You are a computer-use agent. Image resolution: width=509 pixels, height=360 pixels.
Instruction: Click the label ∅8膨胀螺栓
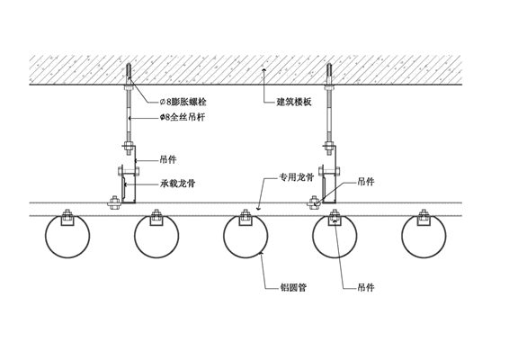183,102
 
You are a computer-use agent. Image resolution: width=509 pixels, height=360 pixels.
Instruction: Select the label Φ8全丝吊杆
183,117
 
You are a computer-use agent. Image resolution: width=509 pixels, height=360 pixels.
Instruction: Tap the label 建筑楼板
294,102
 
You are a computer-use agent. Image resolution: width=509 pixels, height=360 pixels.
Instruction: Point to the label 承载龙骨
177,184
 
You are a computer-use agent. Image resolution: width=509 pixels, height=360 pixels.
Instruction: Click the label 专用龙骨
297,177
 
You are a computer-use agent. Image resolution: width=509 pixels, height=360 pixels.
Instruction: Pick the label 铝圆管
293,287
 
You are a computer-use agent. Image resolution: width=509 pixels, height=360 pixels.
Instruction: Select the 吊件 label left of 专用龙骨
168,160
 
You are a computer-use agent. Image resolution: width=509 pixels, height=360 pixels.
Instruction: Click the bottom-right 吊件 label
366,287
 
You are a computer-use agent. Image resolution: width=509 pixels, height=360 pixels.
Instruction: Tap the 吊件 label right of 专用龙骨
366,182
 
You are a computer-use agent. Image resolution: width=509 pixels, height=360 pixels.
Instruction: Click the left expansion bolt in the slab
129,74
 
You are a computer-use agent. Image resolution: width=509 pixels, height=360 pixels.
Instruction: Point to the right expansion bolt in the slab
329,74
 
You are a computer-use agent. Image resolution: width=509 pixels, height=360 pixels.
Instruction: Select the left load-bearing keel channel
129,188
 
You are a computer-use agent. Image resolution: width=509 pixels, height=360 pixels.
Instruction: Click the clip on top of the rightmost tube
424,218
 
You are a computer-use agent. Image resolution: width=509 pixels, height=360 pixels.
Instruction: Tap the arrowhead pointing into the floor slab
263,70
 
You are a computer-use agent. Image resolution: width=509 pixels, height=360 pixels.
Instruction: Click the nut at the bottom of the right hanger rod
329,146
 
